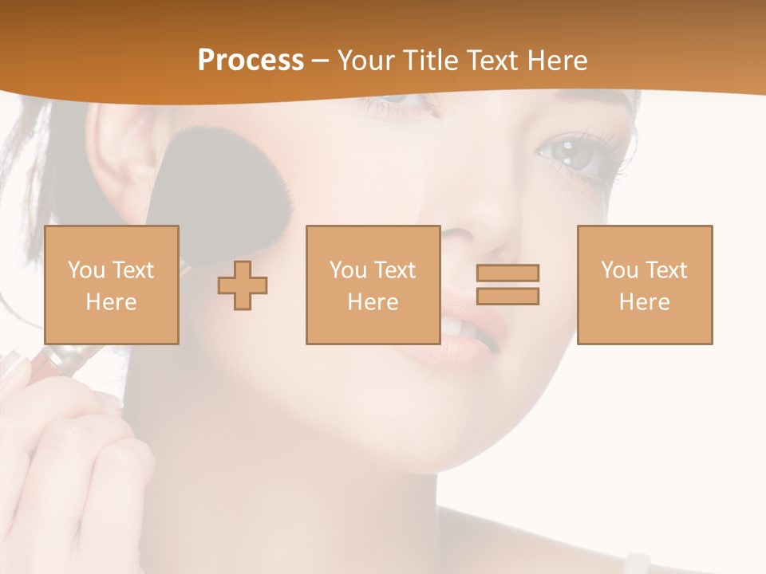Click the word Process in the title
pyautogui.click(x=251, y=61)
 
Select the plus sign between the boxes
pyautogui.click(x=243, y=285)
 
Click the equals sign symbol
pyautogui.click(x=507, y=285)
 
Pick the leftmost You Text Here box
pyautogui.click(x=112, y=285)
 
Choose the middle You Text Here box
pyautogui.click(x=373, y=285)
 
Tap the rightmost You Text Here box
pyautogui.click(x=645, y=285)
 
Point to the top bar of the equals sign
pyautogui.click(x=507, y=273)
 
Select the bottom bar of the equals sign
pyautogui.click(x=507, y=297)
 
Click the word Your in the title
pyautogui.click(x=367, y=61)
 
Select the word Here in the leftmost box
pyautogui.click(x=112, y=302)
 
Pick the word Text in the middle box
pyautogui.click(x=395, y=270)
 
